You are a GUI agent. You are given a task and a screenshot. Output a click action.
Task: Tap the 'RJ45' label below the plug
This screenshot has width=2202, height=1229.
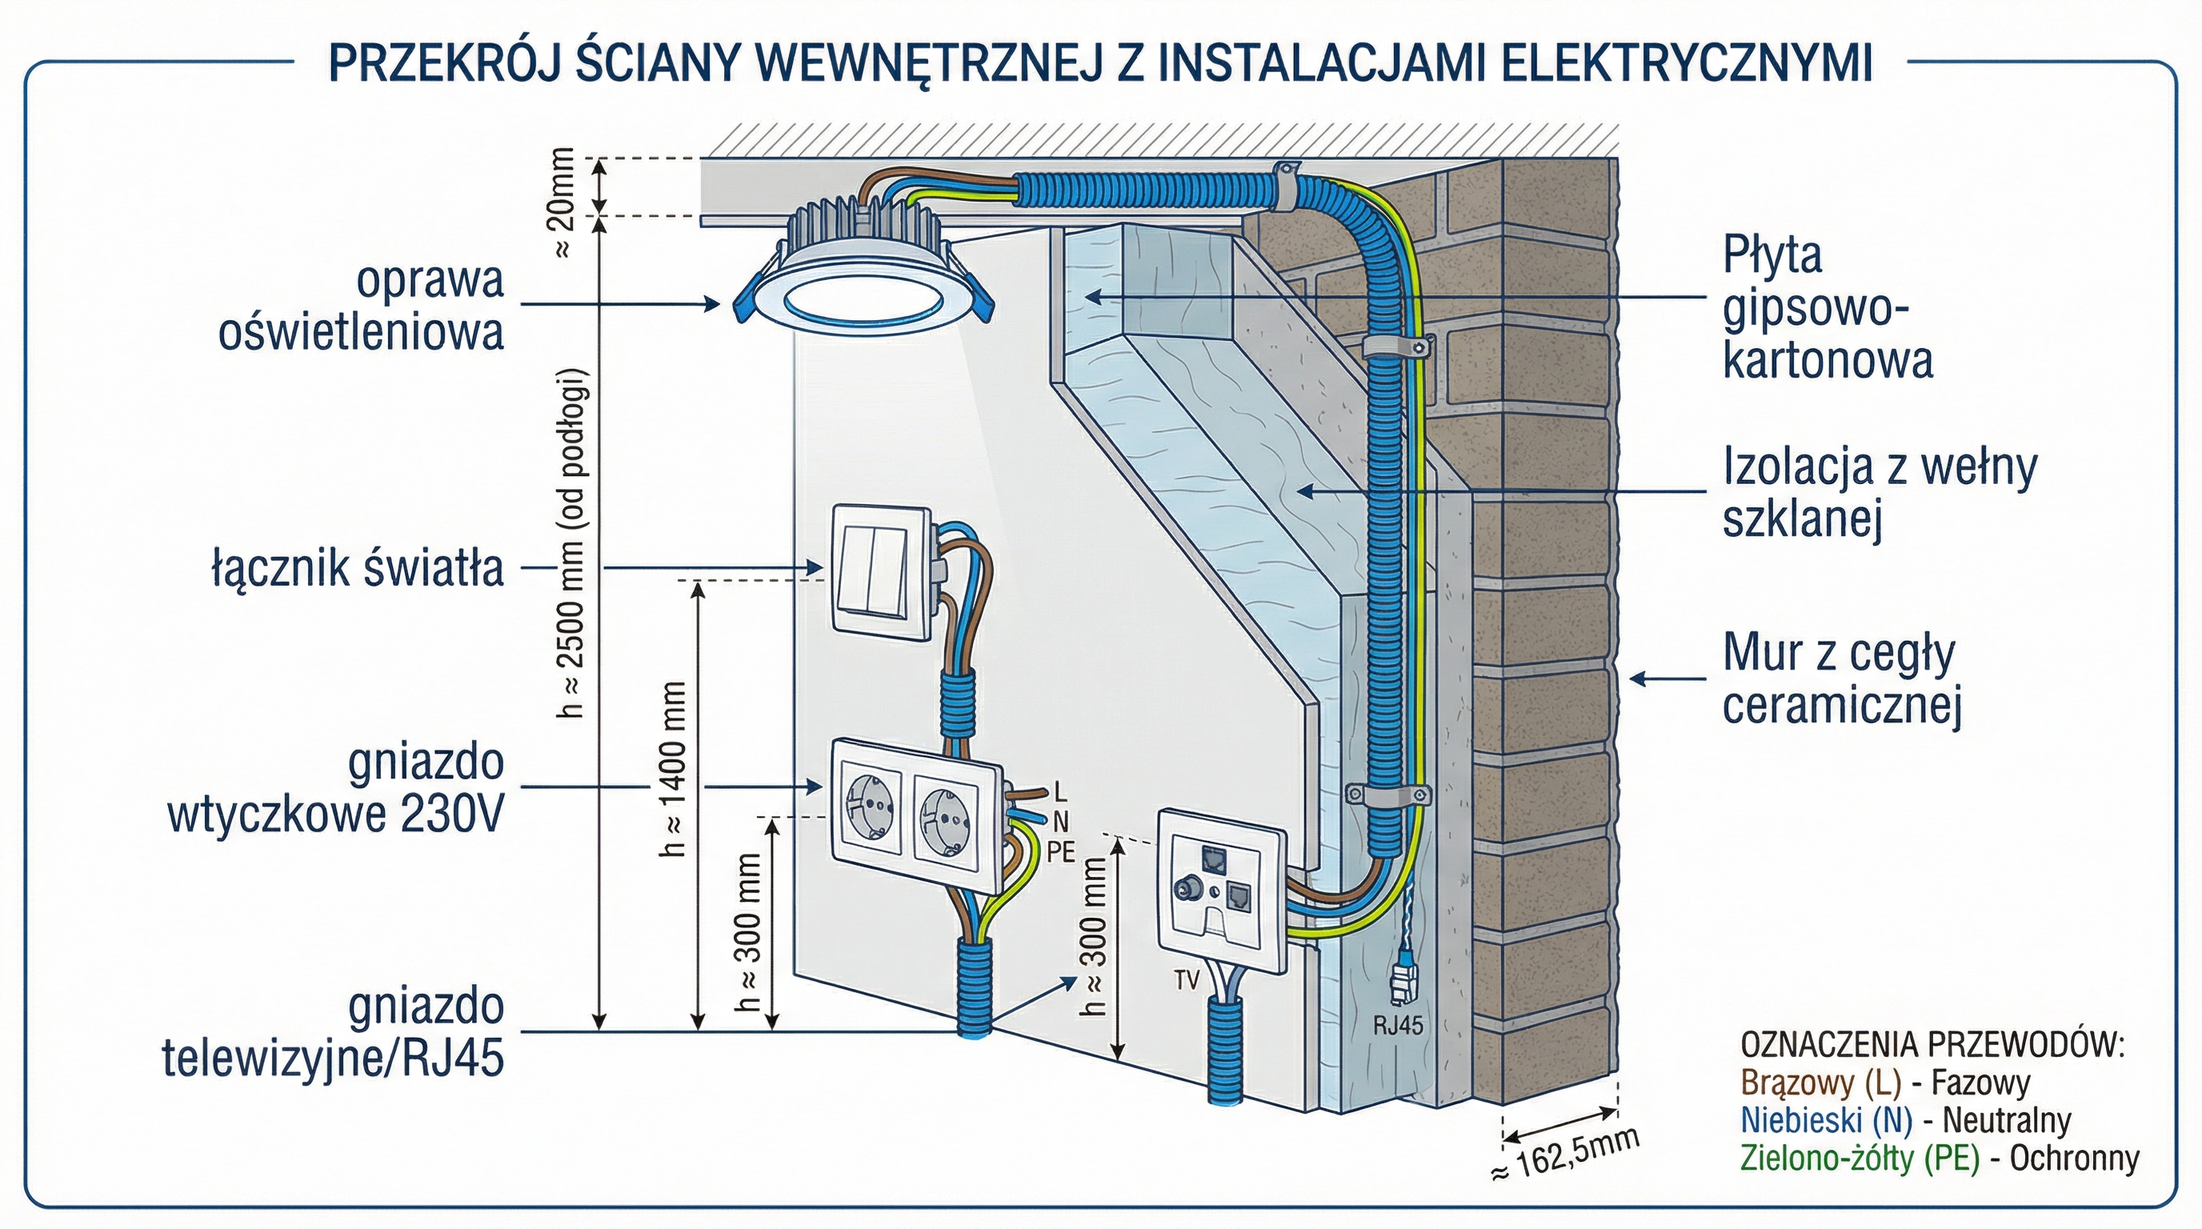[1399, 1026]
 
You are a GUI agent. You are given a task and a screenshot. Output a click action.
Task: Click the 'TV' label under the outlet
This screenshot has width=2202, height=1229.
[1187, 980]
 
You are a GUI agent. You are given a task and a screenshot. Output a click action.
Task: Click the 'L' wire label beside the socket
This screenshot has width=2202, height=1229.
[1062, 791]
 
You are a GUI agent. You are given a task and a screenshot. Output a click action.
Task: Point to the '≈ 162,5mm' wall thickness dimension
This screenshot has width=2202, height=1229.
[1566, 1155]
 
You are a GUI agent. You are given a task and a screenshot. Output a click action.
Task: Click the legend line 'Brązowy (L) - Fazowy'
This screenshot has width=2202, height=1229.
[1885, 1083]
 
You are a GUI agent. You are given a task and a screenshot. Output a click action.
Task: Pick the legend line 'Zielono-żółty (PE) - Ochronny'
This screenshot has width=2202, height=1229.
[1940, 1158]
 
